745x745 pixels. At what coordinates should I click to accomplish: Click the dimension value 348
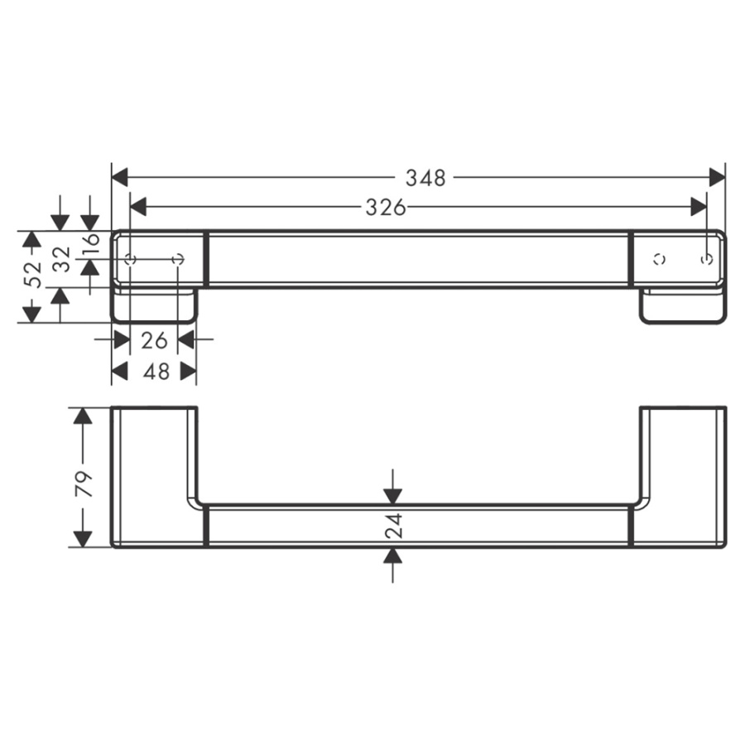425,178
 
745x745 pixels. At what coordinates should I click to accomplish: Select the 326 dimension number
386,208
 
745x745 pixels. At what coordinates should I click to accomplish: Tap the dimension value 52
33,274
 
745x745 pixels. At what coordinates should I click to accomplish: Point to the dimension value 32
62,259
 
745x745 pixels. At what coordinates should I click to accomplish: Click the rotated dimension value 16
91,245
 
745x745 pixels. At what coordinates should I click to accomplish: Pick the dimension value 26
154,341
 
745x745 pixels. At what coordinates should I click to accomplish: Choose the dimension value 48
156,372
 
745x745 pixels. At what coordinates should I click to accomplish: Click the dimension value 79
84,484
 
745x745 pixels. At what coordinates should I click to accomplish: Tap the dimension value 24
393,526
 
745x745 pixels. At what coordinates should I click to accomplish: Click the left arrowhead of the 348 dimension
120,178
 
